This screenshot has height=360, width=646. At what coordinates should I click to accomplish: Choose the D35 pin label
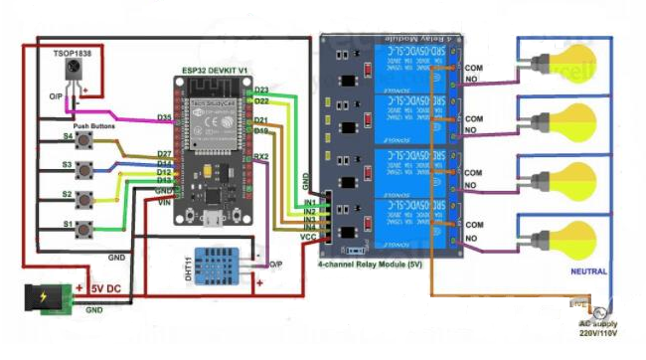[165, 118]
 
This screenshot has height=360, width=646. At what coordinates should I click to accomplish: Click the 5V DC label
[107, 289]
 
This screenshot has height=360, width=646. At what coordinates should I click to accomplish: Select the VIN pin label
[165, 202]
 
